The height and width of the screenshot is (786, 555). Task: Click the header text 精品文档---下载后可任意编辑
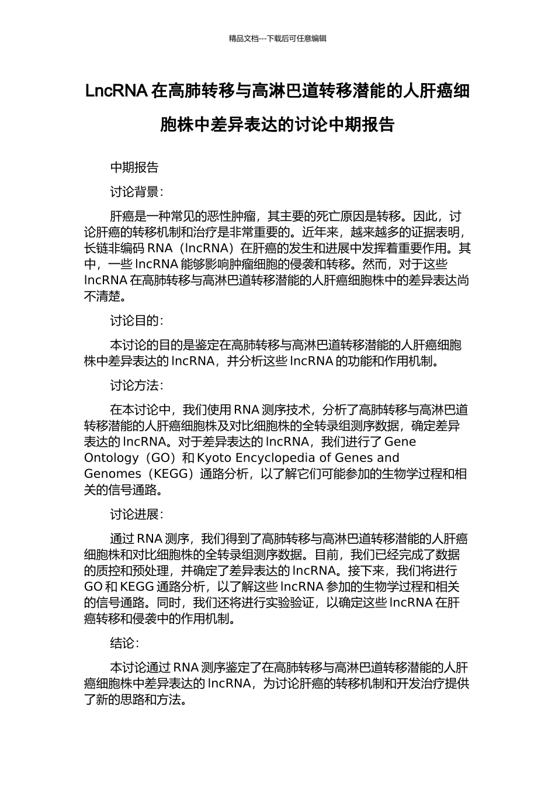[277, 39]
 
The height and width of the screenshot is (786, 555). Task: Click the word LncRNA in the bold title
[116, 91]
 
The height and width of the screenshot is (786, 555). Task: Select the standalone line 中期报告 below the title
[134, 168]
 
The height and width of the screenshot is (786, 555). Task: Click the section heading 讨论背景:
[137, 192]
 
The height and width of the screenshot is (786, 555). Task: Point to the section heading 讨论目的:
[137, 320]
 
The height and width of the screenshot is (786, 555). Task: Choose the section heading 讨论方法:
[137, 385]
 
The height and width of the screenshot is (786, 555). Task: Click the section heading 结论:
[124, 643]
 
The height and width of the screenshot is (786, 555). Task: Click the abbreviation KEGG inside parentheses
[173, 474]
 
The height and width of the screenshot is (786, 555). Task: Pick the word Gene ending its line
[400, 442]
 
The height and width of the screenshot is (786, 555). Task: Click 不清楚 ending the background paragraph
[103, 297]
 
